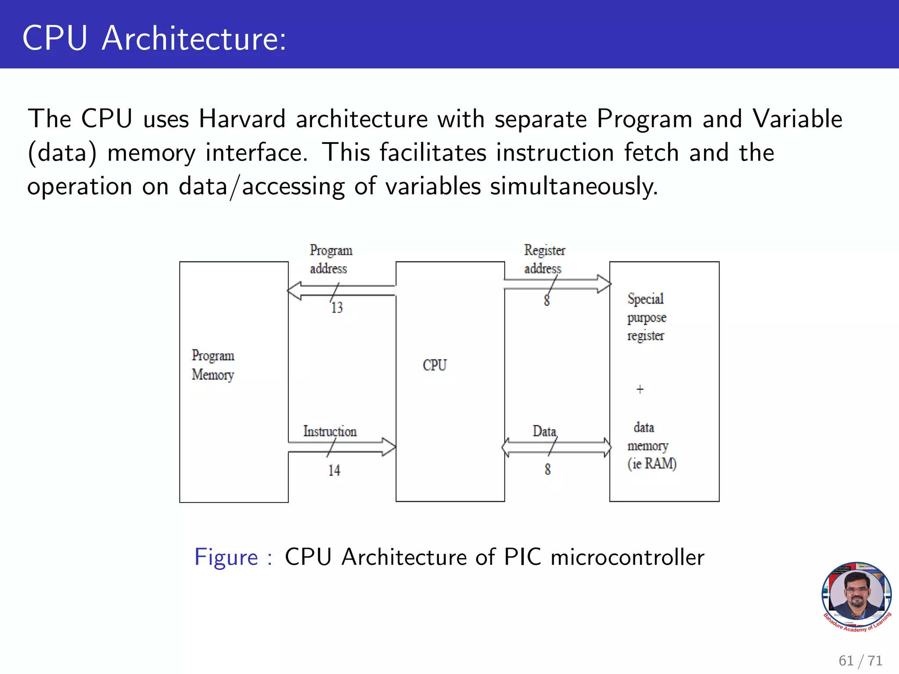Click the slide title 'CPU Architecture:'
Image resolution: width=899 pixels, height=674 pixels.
(x=154, y=39)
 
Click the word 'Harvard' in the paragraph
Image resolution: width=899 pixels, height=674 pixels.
(x=242, y=119)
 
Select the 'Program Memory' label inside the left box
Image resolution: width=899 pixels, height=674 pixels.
(x=213, y=365)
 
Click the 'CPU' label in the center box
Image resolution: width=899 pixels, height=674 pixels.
(x=435, y=365)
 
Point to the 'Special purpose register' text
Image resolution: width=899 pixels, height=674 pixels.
(x=646, y=317)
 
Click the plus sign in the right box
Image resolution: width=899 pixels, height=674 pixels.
(x=640, y=389)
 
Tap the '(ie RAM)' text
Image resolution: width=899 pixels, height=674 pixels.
(x=652, y=464)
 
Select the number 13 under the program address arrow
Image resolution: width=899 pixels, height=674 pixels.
(x=337, y=308)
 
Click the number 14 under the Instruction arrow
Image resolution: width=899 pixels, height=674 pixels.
(x=334, y=470)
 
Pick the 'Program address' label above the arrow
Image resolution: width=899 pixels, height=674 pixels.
(x=331, y=259)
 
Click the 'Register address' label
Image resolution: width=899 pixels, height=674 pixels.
(x=544, y=259)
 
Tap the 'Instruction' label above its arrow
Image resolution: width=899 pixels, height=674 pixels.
(x=330, y=431)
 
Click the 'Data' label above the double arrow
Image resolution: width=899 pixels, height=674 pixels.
(x=544, y=431)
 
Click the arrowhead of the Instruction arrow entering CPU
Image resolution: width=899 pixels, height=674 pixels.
(x=389, y=447)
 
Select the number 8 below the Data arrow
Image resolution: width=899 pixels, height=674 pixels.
(x=547, y=470)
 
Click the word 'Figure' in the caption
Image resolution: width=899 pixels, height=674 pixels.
(x=226, y=557)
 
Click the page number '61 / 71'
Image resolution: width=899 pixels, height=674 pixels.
(x=860, y=660)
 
